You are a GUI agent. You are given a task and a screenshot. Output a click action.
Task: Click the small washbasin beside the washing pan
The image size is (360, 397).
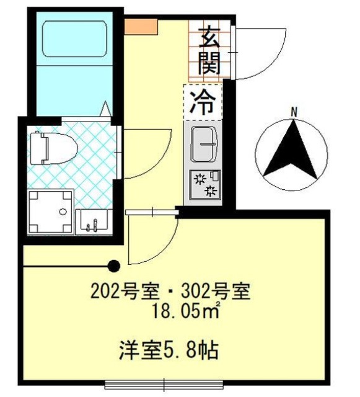click(94, 220)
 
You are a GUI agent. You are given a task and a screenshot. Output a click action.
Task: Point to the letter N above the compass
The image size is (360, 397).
click(295, 112)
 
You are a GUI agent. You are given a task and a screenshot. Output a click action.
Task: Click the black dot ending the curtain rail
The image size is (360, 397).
click(113, 267)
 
